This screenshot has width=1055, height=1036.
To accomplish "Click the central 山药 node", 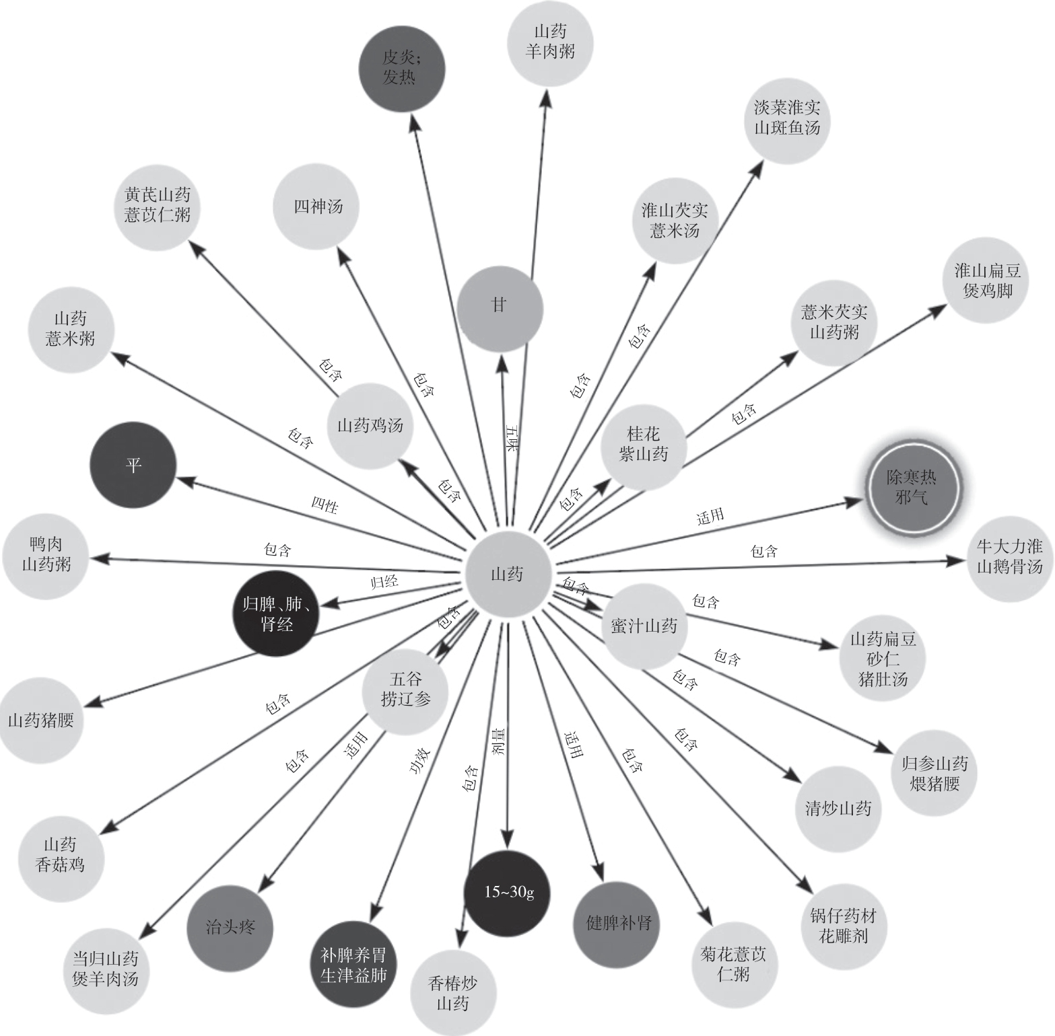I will (x=508, y=574).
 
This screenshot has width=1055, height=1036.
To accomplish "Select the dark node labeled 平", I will (x=133, y=465).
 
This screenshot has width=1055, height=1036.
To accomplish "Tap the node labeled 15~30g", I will (x=508, y=893).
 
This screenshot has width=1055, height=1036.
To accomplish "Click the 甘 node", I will (x=499, y=307).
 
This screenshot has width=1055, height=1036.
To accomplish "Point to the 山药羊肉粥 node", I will (x=550, y=42).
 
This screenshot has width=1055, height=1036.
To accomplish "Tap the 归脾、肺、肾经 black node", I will (x=276, y=614).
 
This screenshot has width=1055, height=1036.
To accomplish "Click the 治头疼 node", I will (x=230, y=927).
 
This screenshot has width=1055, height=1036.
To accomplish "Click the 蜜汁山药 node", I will (x=644, y=626).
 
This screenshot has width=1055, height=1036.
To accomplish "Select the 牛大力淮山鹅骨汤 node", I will (x=1009, y=557).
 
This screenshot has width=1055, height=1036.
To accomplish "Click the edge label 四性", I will (x=325, y=505).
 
